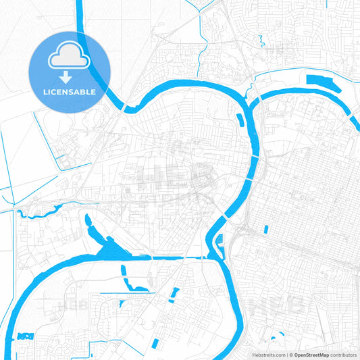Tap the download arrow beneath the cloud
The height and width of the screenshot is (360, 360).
pos(70,78)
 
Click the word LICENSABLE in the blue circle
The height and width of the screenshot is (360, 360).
pos(70,91)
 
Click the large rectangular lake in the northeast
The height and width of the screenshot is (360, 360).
pos(323,85)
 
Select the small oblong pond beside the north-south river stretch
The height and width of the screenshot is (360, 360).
pos(240,120)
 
